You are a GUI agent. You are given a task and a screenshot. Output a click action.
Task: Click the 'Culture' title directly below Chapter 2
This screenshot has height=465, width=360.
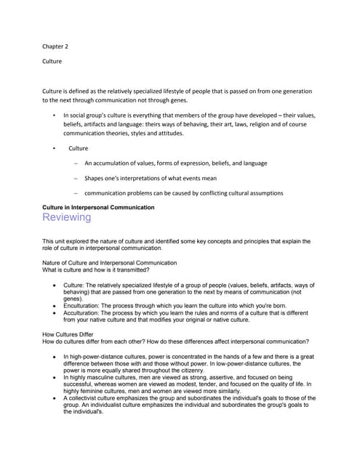52,62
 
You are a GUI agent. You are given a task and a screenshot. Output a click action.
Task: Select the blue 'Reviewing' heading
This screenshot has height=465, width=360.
67,217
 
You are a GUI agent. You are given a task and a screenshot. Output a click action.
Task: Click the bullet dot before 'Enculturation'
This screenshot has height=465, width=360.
55,307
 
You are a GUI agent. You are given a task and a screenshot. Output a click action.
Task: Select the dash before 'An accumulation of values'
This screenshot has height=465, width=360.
76,163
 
